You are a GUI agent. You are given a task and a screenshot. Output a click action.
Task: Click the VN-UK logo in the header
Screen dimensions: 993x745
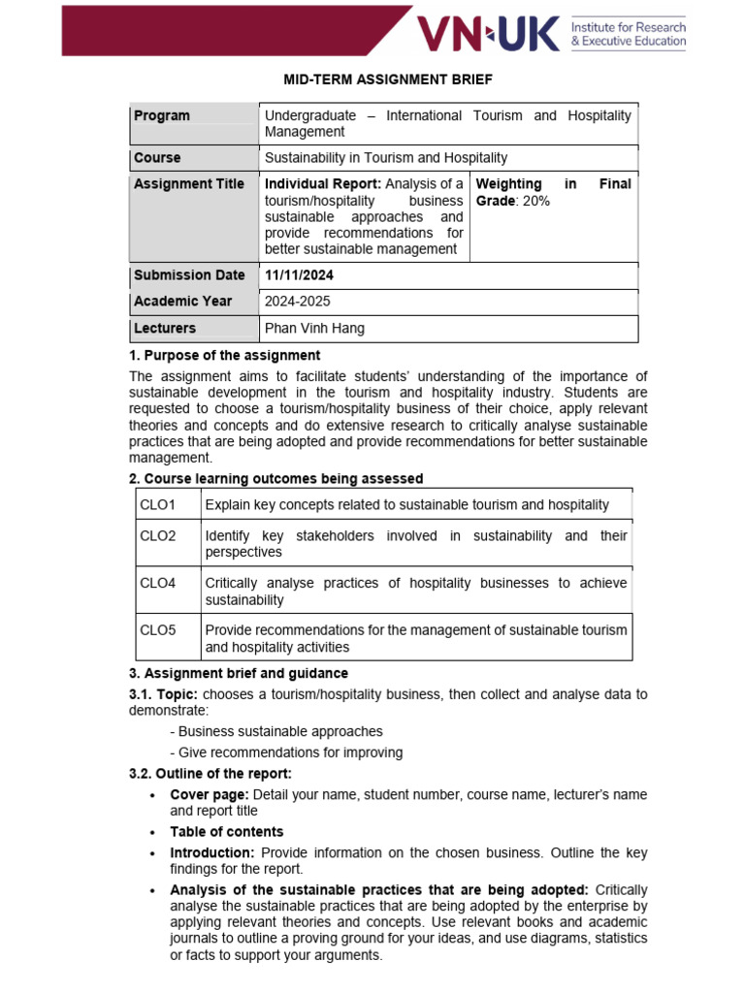488,35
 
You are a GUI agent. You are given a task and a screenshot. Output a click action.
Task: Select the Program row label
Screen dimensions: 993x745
162,116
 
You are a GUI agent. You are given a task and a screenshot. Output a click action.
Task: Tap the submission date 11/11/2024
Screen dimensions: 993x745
300,275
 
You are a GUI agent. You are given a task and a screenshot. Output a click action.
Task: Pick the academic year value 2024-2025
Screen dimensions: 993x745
298,302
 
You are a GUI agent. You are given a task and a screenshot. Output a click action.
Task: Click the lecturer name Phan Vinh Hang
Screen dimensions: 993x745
315,329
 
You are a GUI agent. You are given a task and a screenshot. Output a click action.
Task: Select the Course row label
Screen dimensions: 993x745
157,158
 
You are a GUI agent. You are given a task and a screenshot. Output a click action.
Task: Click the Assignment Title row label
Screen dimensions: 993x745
189,184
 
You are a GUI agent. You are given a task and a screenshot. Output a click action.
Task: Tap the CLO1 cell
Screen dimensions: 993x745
158,504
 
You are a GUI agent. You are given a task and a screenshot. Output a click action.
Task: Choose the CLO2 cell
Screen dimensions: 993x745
158,535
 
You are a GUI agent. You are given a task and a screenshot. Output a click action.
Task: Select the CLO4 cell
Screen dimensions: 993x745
158,583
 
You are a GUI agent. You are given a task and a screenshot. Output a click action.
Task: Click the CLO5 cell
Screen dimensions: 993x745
158,630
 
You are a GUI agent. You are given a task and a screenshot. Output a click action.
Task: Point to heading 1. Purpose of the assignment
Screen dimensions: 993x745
225,356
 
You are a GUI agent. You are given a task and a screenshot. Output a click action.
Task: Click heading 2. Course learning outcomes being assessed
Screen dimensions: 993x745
276,479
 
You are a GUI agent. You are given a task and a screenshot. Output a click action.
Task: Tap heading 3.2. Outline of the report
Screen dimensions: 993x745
211,774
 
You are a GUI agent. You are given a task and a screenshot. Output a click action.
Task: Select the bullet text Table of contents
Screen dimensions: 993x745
227,832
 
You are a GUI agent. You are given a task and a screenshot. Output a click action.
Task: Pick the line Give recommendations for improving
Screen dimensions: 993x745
286,753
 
